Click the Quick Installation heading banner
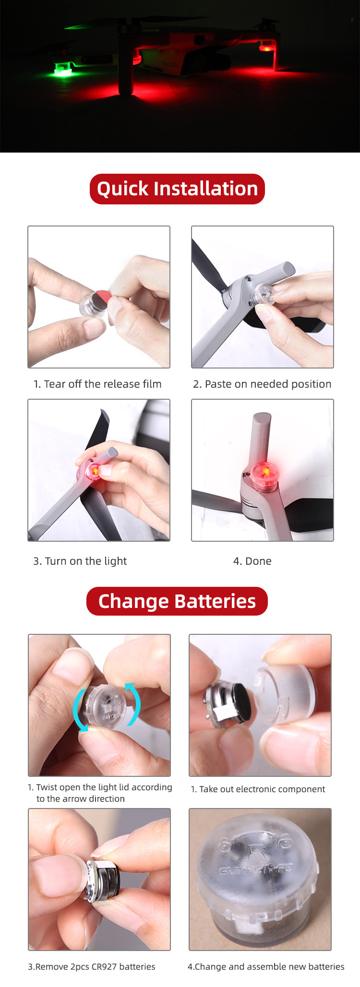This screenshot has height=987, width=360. (177, 189)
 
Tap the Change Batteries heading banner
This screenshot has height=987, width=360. (177, 601)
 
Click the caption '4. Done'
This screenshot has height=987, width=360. (252, 561)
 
